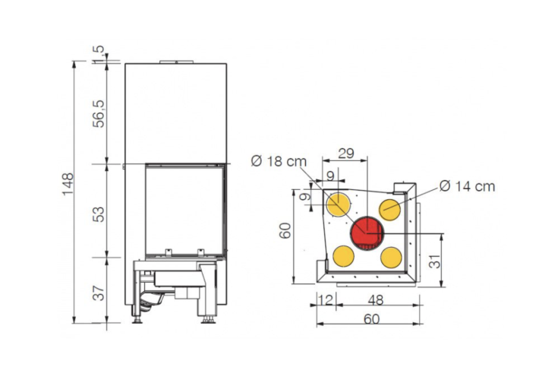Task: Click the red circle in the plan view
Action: click(x=367, y=233)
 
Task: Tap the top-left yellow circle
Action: click(x=339, y=204)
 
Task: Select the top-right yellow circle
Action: click(x=390, y=210)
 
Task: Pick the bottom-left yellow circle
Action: click(x=344, y=256)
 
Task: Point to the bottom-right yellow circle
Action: click(x=391, y=258)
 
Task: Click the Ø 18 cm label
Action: click(x=279, y=161)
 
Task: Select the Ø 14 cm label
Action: click(x=468, y=186)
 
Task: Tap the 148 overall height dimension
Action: click(x=68, y=184)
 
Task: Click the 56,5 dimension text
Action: click(x=99, y=113)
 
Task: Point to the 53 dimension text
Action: click(x=99, y=214)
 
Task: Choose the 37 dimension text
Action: click(x=99, y=293)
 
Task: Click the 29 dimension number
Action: click(x=346, y=153)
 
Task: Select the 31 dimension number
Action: click(x=436, y=261)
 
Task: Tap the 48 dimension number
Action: click(x=376, y=299)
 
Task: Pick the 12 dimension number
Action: click(x=325, y=299)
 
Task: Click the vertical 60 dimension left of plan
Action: click(x=285, y=230)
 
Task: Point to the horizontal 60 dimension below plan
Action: click(x=372, y=318)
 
